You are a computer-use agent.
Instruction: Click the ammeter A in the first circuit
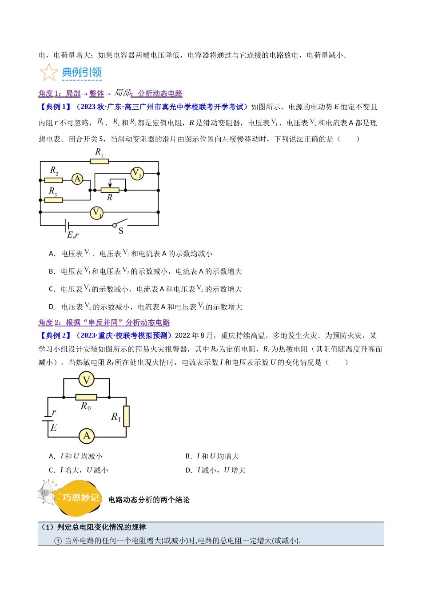[x=77, y=179]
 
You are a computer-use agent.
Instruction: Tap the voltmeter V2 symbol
[x=137, y=174]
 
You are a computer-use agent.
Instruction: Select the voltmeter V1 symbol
[x=96, y=213]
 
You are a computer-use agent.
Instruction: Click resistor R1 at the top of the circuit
[x=100, y=161]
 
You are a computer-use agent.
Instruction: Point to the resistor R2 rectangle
[x=53, y=180]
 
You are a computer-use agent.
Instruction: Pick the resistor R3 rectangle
[x=53, y=200]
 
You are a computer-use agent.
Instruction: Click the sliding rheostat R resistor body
[x=110, y=190]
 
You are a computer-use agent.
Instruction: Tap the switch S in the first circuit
[x=120, y=223]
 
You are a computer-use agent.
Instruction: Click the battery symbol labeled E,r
[x=67, y=226]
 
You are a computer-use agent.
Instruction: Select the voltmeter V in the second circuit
[x=86, y=379]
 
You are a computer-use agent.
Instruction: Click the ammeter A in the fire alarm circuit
[x=87, y=436]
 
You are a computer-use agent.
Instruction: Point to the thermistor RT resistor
[x=126, y=416]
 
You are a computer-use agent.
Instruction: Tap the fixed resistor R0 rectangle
[x=86, y=398]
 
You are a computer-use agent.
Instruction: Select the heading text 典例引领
[x=82, y=72]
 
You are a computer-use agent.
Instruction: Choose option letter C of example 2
[x=52, y=470]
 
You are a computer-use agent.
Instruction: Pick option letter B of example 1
[x=52, y=271]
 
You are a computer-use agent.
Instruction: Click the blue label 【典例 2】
[x=56, y=335]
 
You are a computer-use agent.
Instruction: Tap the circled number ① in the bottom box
[x=58, y=541]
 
